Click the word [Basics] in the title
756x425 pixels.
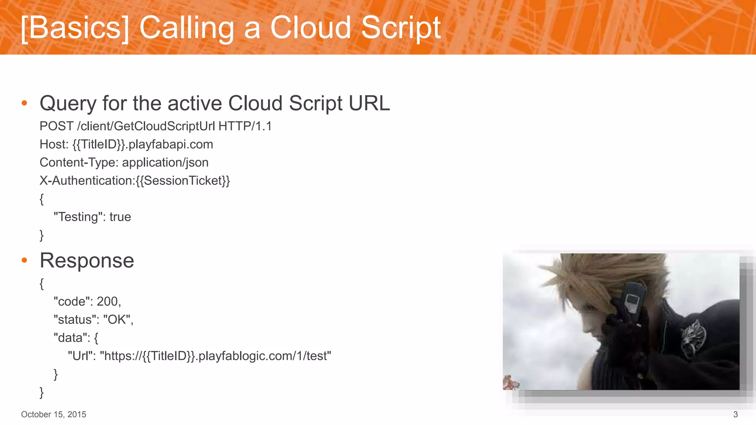point(75,28)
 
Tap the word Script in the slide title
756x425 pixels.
point(401,28)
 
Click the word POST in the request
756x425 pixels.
point(56,126)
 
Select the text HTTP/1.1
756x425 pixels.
point(245,126)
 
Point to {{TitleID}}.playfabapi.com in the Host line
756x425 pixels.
point(142,144)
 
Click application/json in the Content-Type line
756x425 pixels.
point(165,162)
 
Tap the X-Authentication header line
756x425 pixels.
point(135,180)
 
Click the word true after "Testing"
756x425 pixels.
point(120,217)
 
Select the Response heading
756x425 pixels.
point(87,260)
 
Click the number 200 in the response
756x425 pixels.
point(107,301)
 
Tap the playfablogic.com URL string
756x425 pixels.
point(217,356)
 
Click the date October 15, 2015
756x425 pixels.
point(54,414)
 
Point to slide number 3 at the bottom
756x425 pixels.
point(735,414)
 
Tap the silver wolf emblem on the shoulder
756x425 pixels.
point(693,338)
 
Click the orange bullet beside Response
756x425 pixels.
point(24,260)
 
